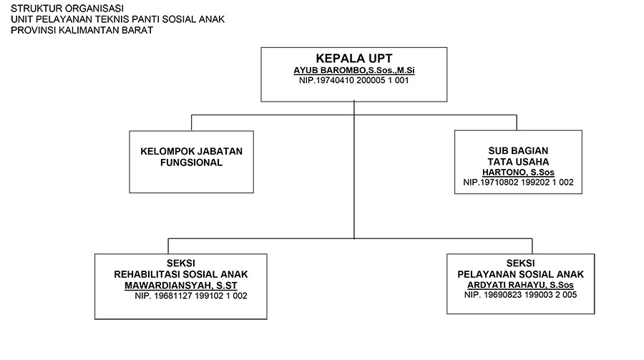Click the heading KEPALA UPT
pyautogui.click(x=354, y=59)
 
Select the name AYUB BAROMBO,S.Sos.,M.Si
pyautogui.click(x=354, y=70)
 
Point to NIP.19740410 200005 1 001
pyautogui.click(x=354, y=80)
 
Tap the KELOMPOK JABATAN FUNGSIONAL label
pyautogui.click(x=191, y=157)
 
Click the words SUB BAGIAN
pyautogui.click(x=518, y=151)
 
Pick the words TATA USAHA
pyautogui.click(x=518, y=162)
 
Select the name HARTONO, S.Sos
pyautogui.click(x=518, y=172)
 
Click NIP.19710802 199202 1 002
pyautogui.click(x=518, y=182)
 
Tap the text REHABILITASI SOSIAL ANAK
pyautogui.click(x=181, y=274)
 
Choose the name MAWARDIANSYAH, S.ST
pyautogui.click(x=181, y=285)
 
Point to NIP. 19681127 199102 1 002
pyautogui.click(x=191, y=296)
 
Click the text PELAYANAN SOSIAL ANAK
pyautogui.click(x=521, y=274)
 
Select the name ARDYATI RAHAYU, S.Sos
pyautogui.click(x=521, y=285)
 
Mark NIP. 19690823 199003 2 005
pyautogui.click(x=521, y=295)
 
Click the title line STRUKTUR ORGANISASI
pyautogui.click(x=67, y=8)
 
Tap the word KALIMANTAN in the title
pyautogui.click(x=89, y=30)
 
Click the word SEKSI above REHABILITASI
pyautogui.click(x=181, y=263)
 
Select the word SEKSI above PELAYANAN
pyautogui.click(x=521, y=263)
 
